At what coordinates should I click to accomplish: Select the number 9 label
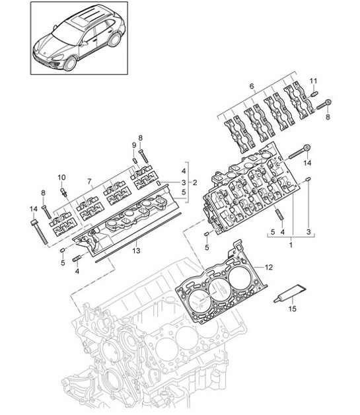point(133,145)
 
